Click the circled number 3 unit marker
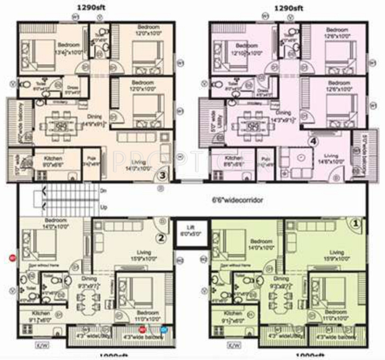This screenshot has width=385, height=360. [162, 176]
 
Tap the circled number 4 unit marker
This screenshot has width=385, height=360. [313, 141]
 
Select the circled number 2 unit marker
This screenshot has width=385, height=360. [161, 238]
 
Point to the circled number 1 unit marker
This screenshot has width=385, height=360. [355, 223]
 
